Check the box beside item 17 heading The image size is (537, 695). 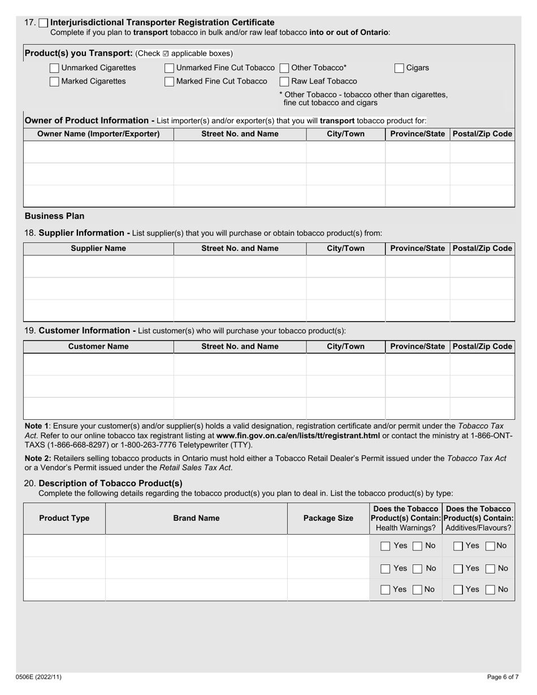click(43, 23)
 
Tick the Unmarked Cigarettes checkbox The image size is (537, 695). click(54, 68)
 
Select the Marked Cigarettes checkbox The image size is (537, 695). click(54, 81)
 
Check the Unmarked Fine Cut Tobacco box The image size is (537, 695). click(170, 68)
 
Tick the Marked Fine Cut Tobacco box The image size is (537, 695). click(170, 81)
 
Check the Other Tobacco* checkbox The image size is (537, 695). click(284, 68)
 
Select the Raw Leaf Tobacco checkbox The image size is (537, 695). click(284, 81)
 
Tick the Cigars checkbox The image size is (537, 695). click(399, 68)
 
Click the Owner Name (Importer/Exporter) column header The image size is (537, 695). click(98, 134)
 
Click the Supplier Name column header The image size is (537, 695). click(98, 249)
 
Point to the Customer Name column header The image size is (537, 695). click(98, 346)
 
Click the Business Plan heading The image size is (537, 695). click(54, 216)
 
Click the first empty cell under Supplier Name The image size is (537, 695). click(98, 266)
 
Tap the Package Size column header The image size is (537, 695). click(328, 518)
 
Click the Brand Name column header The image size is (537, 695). click(196, 518)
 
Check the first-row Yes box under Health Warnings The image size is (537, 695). click(385, 546)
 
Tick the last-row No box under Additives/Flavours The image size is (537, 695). click(490, 590)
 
